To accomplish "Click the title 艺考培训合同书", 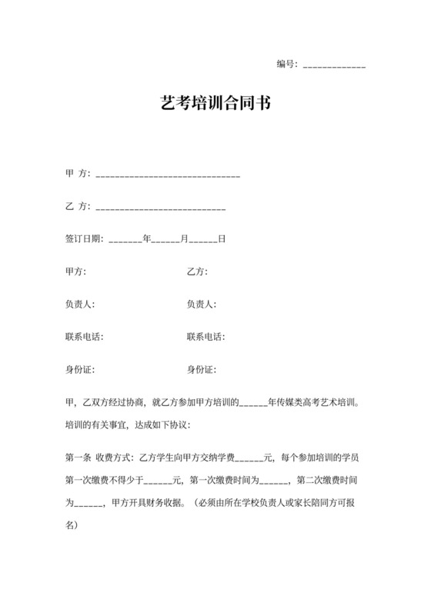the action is (215, 103).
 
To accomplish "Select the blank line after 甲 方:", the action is (168, 176).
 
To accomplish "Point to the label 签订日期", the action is (84, 239).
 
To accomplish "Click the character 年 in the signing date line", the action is (147, 239).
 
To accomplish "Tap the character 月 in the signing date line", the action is (184, 239).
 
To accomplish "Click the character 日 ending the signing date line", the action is (222, 239).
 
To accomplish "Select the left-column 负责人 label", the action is (80, 304).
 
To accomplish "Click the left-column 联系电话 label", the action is (84, 337).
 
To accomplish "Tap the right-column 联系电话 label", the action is (205, 337).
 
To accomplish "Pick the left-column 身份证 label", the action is (80, 370).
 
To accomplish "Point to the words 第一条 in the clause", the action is (79, 459).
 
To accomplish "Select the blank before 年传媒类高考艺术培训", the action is (254, 403).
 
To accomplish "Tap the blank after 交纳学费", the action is (248, 461).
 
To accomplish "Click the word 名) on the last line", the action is (72, 524).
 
